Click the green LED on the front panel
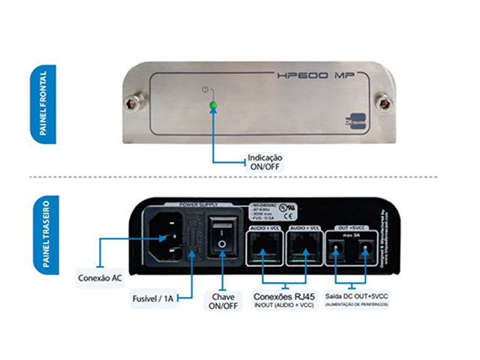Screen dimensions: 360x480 212,105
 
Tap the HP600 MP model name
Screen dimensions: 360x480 310,76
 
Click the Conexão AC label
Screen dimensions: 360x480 101,277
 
